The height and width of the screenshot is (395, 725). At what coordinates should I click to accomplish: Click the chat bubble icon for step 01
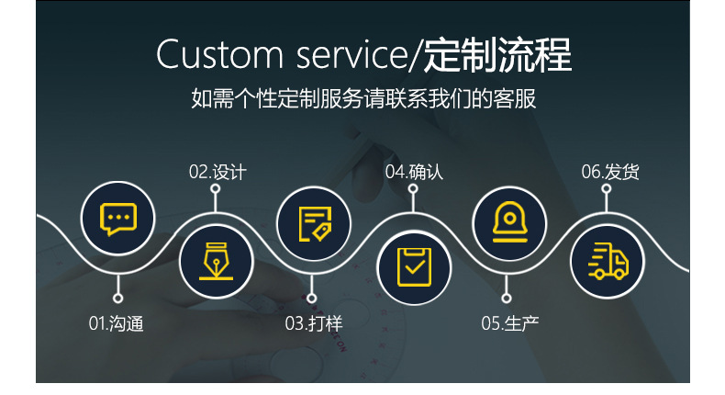click(117, 219)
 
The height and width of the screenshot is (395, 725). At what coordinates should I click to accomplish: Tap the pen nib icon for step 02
click(215, 261)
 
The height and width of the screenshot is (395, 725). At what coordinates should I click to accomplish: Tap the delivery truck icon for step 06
click(607, 261)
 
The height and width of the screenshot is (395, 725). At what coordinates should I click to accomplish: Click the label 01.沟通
click(117, 323)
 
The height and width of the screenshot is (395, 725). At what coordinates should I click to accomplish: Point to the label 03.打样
click(313, 323)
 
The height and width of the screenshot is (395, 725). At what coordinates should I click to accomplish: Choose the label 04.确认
click(414, 172)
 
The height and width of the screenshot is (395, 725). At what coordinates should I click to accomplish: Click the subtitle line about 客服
click(362, 98)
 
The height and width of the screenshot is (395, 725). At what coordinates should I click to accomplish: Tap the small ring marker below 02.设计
click(216, 189)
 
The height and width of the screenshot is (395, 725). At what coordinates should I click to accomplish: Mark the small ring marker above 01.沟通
click(117, 298)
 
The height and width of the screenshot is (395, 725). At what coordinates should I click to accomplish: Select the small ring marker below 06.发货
click(607, 189)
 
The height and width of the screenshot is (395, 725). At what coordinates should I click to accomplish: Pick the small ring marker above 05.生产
click(507, 298)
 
